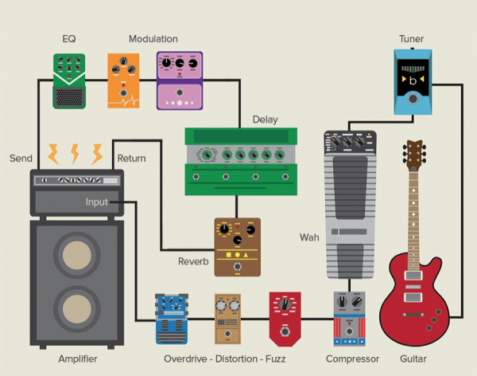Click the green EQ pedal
[69, 81]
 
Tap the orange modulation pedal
[123, 80]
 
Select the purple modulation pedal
[180, 80]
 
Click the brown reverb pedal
[237, 247]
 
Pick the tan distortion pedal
[227, 319]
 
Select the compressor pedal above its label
[348, 319]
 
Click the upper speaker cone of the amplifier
[76, 256]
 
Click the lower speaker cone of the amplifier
[76, 312]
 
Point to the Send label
[21, 159]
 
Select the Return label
[131, 159]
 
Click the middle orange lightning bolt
[76, 153]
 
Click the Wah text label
[309, 237]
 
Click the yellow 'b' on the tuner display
[413, 80]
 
